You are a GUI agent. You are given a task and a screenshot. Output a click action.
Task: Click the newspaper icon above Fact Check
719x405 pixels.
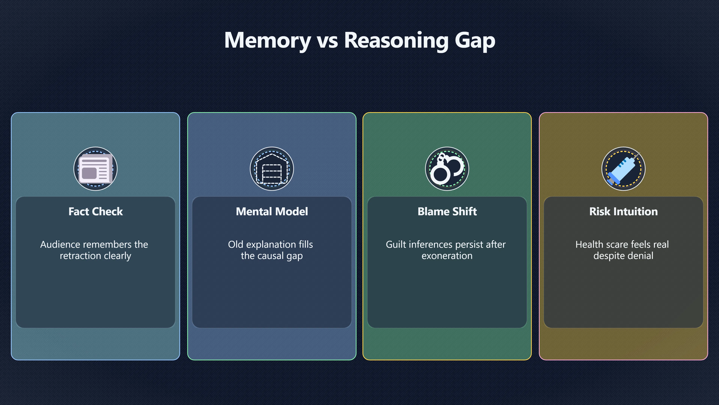(x=96, y=169)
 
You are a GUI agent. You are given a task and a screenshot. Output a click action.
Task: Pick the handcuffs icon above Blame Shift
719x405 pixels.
(x=447, y=169)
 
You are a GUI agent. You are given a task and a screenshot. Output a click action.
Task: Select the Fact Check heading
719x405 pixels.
(x=95, y=211)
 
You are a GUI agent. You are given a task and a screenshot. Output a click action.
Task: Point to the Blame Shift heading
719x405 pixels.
(x=447, y=211)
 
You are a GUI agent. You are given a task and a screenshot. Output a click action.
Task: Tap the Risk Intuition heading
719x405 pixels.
(x=624, y=211)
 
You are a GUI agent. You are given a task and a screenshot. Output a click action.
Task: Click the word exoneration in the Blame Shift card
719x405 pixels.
(x=447, y=256)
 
